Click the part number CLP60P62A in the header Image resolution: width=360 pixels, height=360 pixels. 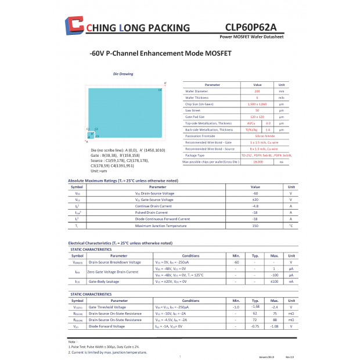[250, 27]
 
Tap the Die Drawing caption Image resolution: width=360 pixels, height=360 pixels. [123, 74]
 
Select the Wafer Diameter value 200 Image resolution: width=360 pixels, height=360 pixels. [257, 91]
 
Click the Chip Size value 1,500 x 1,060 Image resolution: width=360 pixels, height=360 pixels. [257, 104]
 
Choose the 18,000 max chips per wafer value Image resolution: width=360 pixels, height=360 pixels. [257, 161]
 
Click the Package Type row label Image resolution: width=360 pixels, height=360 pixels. [195, 155]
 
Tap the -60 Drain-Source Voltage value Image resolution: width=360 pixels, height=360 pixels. [255, 193]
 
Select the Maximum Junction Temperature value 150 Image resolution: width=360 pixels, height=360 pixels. [255, 225]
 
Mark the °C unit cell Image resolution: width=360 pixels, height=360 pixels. [291, 225]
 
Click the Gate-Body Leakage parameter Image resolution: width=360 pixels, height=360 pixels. [105, 281]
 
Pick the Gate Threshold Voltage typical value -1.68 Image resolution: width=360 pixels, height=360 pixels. [255, 307]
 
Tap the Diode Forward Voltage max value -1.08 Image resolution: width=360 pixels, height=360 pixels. [275, 326]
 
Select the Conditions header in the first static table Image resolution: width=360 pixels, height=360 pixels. [190, 255]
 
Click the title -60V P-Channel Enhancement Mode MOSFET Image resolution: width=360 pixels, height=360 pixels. [161, 53]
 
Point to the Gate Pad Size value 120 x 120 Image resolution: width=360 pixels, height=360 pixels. [257, 117]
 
